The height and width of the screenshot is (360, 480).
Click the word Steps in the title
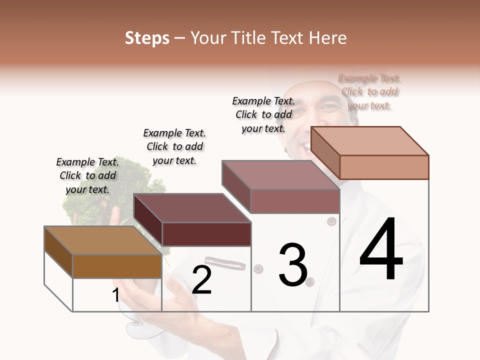pyautogui.click(x=147, y=38)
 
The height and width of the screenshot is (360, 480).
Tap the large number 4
pyautogui.click(x=381, y=250)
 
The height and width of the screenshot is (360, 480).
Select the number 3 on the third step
pyautogui.click(x=292, y=265)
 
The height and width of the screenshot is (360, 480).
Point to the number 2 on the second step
pyautogui.click(x=201, y=280)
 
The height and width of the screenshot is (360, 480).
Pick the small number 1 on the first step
pyautogui.click(x=115, y=295)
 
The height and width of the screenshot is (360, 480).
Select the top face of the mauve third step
pyautogui.click(x=280, y=175)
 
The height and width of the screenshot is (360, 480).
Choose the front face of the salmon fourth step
pyautogui.click(x=384, y=167)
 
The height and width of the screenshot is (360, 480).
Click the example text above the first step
pyautogui.click(x=87, y=175)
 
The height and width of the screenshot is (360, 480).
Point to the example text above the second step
pyautogui.click(x=174, y=146)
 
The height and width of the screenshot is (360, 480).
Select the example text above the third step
pyautogui.click(x=263, y=114)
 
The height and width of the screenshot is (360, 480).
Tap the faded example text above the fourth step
pyautogui.click(x=369, y=91)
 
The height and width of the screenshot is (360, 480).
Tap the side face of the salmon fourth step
pyautogui.click(x=325, y=152)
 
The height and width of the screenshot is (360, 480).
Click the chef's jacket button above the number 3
pyautogui.click(x=331, y=220)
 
